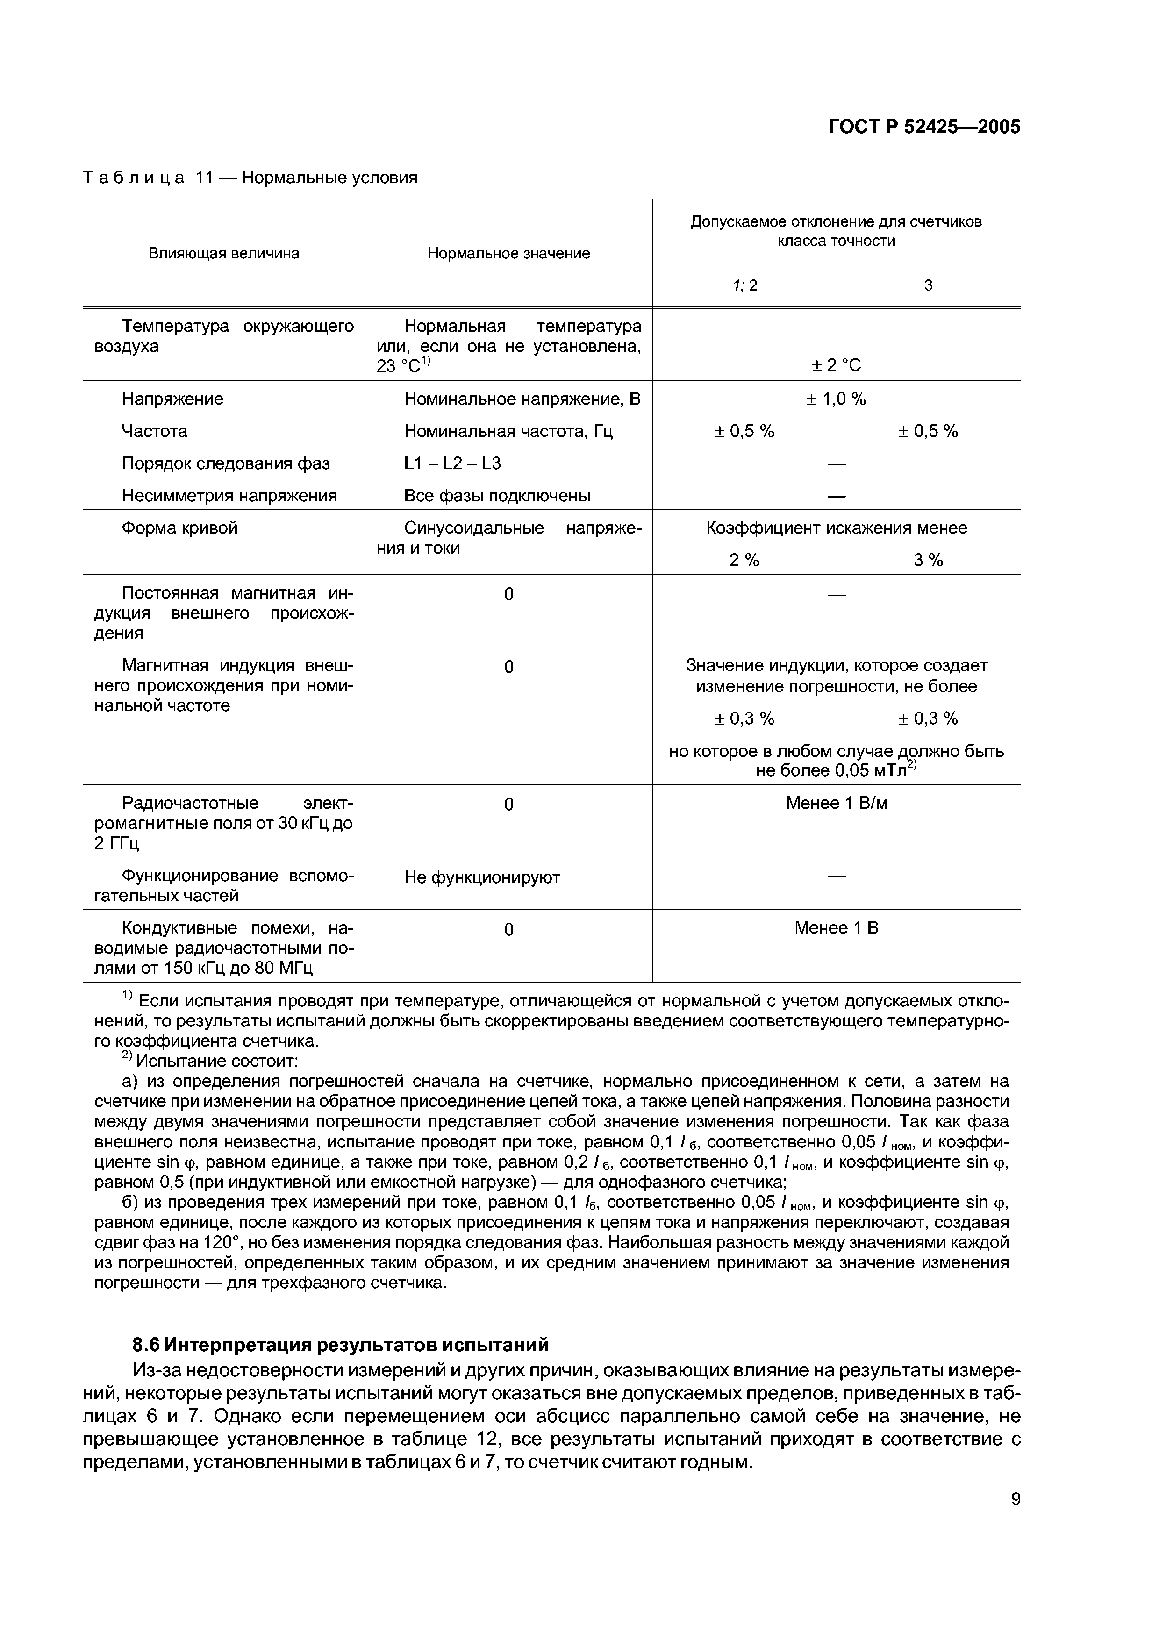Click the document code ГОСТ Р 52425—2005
[924, 127]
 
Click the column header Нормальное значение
[508, 253]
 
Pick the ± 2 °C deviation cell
[836, 365]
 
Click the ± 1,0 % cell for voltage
[836, 399]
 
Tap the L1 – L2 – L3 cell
[453, 463]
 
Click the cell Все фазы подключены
[497, 495]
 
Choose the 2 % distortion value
[744, 560]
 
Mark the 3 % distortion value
[928, 560]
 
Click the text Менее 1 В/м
[836, 803]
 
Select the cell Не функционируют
[482, 877]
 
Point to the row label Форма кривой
[180, 528]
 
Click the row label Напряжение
[173, 399]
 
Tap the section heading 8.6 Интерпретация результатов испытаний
[341, 1345]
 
